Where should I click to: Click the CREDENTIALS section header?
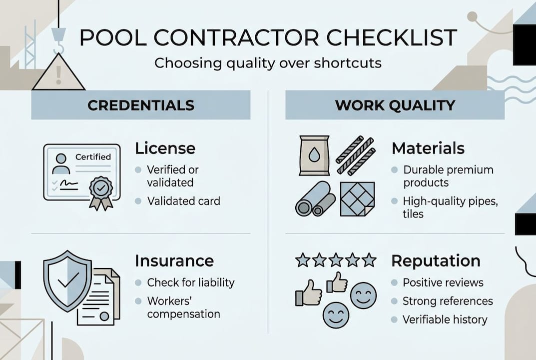pos(141,105)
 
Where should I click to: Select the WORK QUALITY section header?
pos(395,105)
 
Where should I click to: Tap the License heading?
pos(165,148)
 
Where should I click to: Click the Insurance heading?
pos(174,260)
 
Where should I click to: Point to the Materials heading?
pos(428,148)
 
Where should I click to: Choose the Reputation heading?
pos(436,260)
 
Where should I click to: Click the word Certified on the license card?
pos(93,156)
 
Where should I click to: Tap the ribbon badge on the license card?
pos(100,190)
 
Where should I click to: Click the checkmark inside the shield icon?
pos(68,281)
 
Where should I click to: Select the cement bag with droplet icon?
pos(314,155)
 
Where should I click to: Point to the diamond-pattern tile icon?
pos(357,198)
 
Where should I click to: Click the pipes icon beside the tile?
pos(315,199)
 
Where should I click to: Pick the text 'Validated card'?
pos(183,201)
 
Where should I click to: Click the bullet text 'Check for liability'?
pos(190,282)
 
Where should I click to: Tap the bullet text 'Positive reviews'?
pos(443,282)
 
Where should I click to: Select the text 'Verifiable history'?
pos(445,319)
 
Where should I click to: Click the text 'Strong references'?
pos(448,301)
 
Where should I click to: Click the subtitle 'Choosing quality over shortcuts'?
pos(268,63)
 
